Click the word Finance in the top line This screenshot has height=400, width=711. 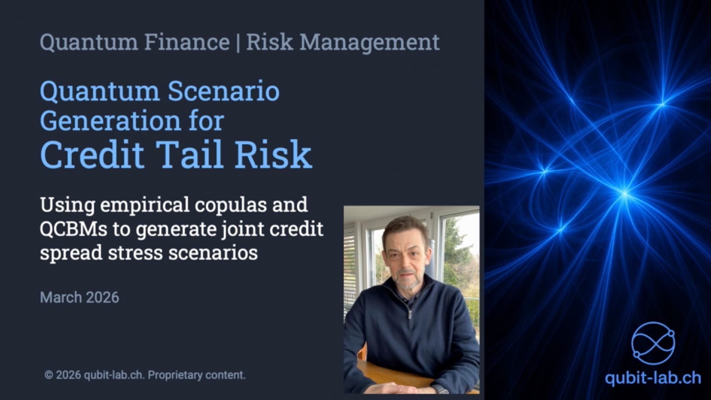click(x=187, y=42)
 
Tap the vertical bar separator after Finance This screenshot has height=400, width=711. click(x=238, y=42)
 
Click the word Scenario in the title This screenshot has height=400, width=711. click(x=223, y=91)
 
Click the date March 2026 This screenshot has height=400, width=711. click(x=79, y=297)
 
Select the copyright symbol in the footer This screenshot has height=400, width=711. click(x=48, y=375)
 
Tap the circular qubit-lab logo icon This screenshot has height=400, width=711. click(x=653, y=343)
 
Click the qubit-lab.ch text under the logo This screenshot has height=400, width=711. click(x=653, y=378)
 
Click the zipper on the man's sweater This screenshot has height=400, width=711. click(x=410, y=315)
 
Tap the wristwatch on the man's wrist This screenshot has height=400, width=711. click(x=442, y=390)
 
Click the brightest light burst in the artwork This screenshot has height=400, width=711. click(x=625, y=193)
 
